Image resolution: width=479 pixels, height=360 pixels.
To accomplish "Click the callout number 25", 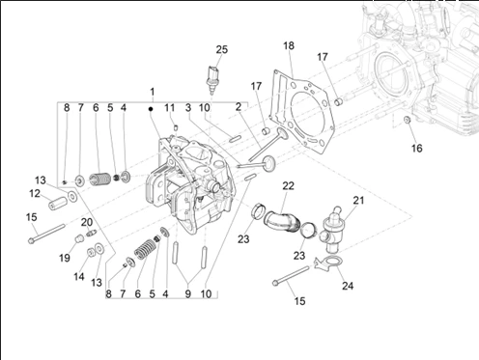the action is [221, 49].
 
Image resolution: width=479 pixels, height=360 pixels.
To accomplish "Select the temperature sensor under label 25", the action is [211, 79].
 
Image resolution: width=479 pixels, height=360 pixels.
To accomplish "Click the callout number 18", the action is [289, 45].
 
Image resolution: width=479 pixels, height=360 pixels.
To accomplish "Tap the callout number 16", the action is [416, 149].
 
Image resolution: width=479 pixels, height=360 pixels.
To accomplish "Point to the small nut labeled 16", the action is [407, 120].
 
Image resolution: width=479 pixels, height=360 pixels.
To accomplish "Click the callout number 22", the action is [289, 185].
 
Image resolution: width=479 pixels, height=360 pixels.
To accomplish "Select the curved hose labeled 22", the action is [282, 221].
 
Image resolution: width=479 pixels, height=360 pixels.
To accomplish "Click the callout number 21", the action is [358, 200].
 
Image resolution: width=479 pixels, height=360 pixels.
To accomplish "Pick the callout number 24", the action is [348, 286].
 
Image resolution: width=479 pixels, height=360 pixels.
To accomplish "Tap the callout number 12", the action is [35, 194].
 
